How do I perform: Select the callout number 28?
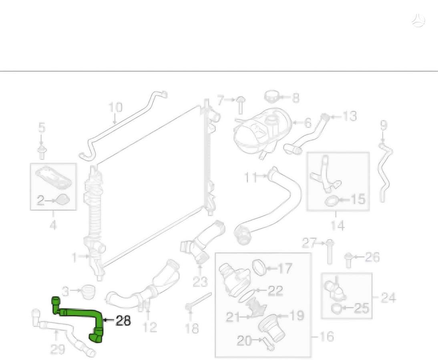click(123, 321)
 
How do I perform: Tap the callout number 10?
click(115, 108)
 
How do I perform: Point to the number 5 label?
click(41, 128)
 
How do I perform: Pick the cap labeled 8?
click(272, 96)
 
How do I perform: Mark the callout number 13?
click(349, 116)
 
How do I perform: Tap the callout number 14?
click(338, 225)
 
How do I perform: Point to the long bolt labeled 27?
click(330, 252)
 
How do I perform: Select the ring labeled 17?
click(259, 266)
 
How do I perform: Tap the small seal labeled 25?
click(336, 308)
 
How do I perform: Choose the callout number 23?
click(200, 282)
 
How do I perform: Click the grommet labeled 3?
click(88, 292)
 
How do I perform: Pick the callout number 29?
click(58, 349)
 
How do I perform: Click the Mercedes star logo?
click(418, 20)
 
